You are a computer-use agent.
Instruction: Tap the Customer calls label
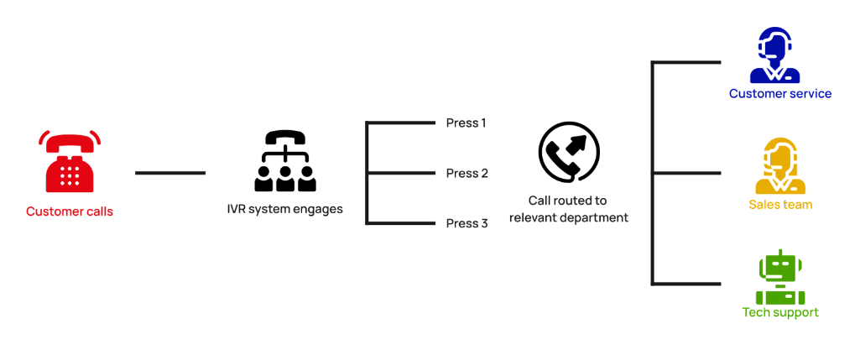(x=70, y=211)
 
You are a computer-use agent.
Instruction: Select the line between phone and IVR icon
(x=170, y=173)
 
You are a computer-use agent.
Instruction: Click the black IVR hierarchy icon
(x=284, y=162)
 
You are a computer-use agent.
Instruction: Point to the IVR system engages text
(x=284, y=209)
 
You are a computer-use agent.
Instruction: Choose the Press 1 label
(x=466, y=123)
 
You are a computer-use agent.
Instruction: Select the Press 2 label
(x=467, y=174)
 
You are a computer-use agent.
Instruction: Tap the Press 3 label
(x=467, y=223)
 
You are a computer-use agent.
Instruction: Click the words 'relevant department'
(x=567, y=217)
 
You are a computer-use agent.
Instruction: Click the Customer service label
(x=779, y=93)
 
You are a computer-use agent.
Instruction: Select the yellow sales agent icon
(x=779, y=165)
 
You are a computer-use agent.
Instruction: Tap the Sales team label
(x=780, y=204)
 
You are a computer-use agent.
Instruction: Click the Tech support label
(x=780, y=312)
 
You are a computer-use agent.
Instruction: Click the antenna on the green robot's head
(x=779, y=252)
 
